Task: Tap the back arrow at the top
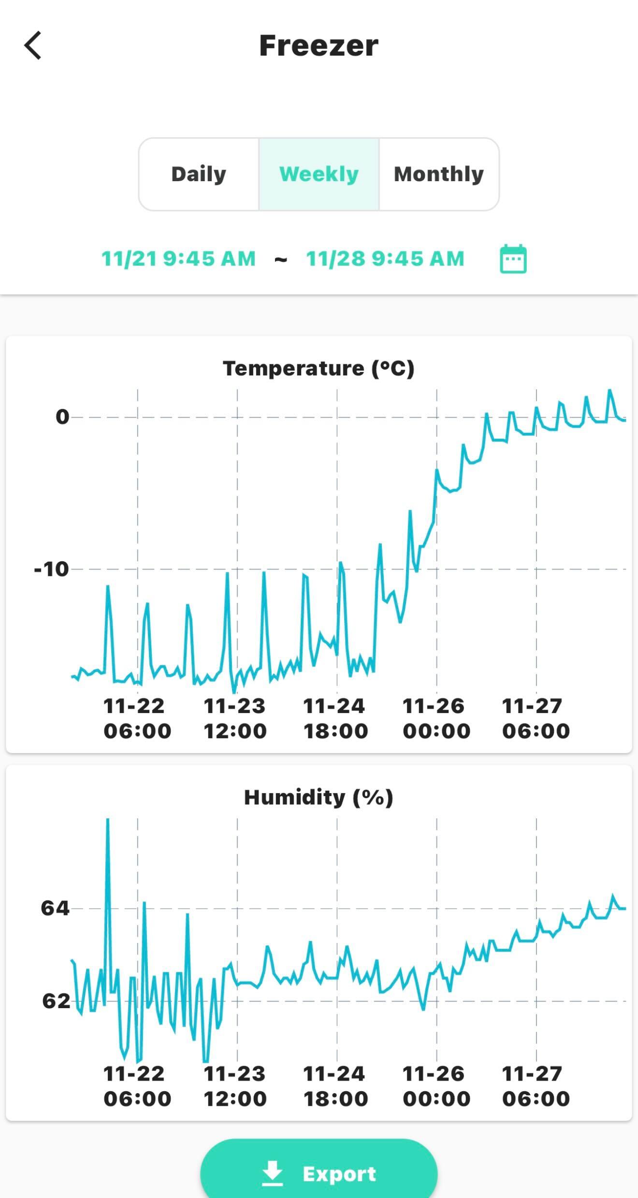[x=33, y=45]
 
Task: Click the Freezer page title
[x=319, y=46]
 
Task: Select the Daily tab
[x=199, y=174]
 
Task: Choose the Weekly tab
[x=319, y=174]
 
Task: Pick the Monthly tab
[x=439, y=174]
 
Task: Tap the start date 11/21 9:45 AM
[x=178, y=259]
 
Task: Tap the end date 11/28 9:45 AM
[x=385, y=259]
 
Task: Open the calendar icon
[x=513, y=259]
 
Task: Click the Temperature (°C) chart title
[x=319, y=369]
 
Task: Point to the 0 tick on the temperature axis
[x=62, y=417]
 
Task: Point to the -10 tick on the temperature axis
[x=51, y=570]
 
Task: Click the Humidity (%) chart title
[x=319, y=798]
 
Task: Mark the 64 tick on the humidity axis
[x=55, y=909]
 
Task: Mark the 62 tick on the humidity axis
[x=56, y=1001]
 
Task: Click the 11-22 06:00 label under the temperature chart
[x=137, y=719]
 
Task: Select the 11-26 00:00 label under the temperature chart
[x=436, y=719]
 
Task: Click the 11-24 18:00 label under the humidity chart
[x=335, y=1086]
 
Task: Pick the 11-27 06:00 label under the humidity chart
[x=536, y=1086]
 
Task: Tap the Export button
[x=319, y=1174]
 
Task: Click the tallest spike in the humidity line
[x=107, y=820]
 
